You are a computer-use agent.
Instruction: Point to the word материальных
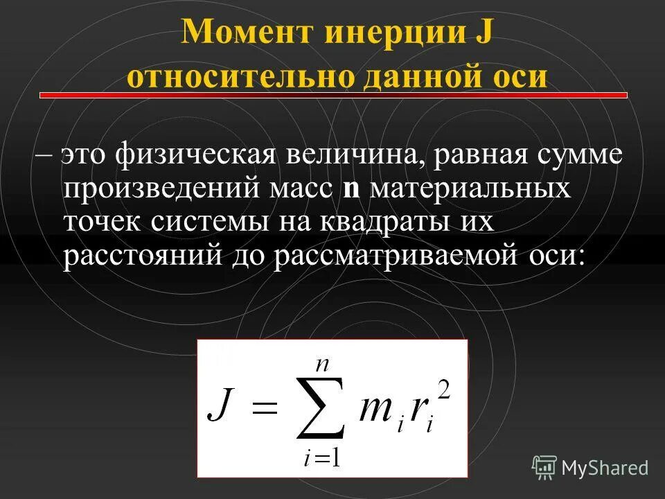(x=471, y=188)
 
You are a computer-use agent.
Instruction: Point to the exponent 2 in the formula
(x=445, y=389)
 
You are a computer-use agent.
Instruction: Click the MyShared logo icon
(x=544, y=467)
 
